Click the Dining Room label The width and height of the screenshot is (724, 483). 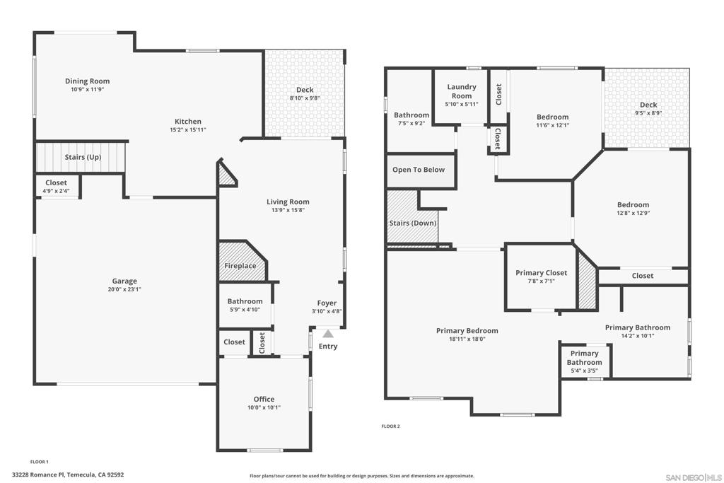click(87, 81)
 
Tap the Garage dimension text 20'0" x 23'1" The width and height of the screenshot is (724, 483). click(124, 289)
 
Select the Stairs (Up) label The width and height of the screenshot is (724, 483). click(83, 157)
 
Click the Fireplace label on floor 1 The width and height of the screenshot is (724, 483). click(240, 266)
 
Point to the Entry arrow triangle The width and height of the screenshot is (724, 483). click(328, 334)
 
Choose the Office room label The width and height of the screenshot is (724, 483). click(264, 399)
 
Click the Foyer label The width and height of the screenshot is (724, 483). click(327, 303)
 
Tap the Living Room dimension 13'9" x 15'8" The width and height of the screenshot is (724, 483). click(288, 210)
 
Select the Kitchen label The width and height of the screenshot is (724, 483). click(188, 122)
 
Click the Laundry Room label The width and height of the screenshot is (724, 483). click(461, 91)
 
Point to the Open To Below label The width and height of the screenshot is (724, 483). click(419, 170)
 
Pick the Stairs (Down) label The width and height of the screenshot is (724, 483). click(413, 223)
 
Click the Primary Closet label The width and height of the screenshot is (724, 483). click(541, 272)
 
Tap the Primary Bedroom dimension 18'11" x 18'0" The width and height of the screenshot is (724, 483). click(467, 339)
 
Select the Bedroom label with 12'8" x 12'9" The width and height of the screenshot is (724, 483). click(632, 205)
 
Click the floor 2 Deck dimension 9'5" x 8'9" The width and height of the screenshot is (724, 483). click(648, 113)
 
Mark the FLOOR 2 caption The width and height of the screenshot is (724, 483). click(390, 426)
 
